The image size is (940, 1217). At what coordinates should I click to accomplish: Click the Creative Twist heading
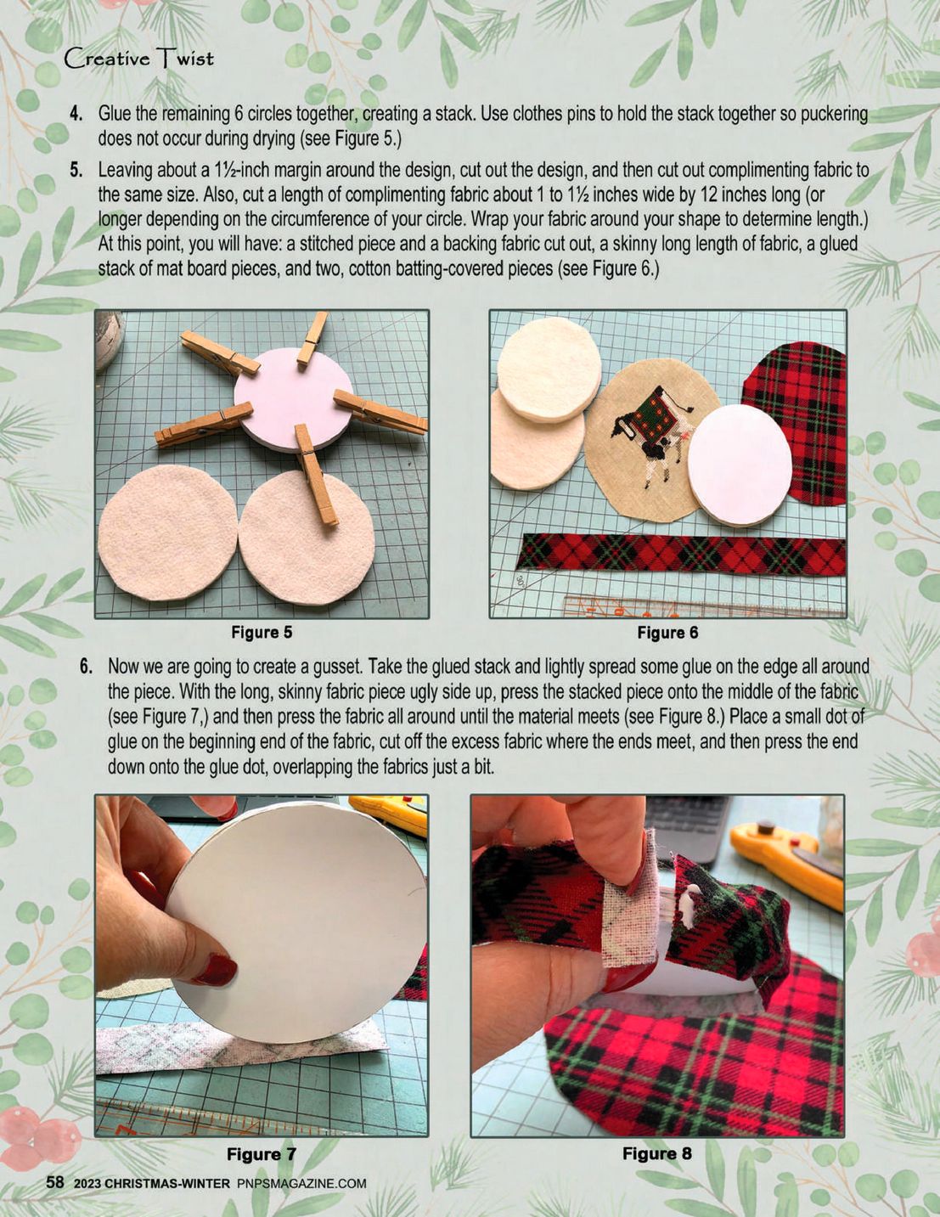click(138, 59)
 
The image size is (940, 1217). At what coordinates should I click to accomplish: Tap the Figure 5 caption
click(262, 633)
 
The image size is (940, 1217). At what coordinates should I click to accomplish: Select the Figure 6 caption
click(667, 633)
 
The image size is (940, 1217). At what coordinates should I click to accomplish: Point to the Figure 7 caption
click(261, 1153)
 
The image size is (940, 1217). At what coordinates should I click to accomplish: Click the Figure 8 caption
click(656, 1153)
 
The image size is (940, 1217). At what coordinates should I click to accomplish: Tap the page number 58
click(54, 1182)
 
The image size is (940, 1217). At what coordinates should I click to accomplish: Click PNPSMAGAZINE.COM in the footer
click(301, 1183)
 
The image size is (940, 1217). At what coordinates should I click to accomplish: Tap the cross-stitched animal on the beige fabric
click(651, 434)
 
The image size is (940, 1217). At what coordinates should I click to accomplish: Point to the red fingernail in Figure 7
click(214, 970)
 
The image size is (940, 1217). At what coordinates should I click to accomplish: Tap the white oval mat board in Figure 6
click(739, 465)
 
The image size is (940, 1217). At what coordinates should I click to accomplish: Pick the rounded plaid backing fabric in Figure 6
click(794, 421)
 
